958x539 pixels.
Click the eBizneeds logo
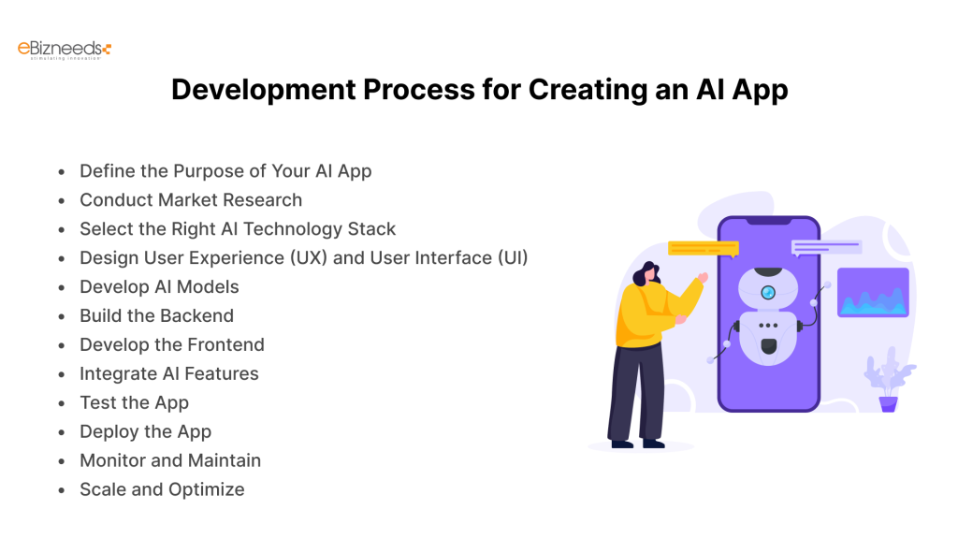[65, 50]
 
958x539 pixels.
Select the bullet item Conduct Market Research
[191, 200]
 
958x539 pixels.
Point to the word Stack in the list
[371, 229]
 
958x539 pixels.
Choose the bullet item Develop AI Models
[159, 287]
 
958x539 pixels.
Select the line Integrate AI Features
[168, 374]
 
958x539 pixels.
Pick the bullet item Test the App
[134, 403]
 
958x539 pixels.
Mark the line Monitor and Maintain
[170, 461]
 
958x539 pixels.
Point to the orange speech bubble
[704, 249]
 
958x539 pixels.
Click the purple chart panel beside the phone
[872, 292]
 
